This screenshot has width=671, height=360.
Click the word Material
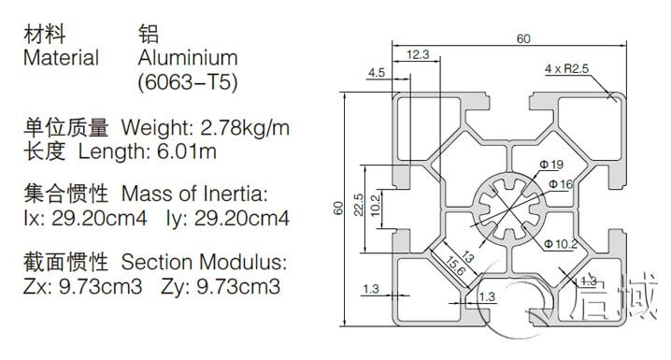click(x=61, y=58)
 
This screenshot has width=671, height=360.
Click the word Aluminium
click(x=188, y=58)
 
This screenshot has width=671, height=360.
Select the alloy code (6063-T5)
click(x=188, y=82)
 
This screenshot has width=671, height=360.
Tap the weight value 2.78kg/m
click(x=245, y=127)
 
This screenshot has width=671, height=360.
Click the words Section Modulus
click(x=204, y=262)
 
